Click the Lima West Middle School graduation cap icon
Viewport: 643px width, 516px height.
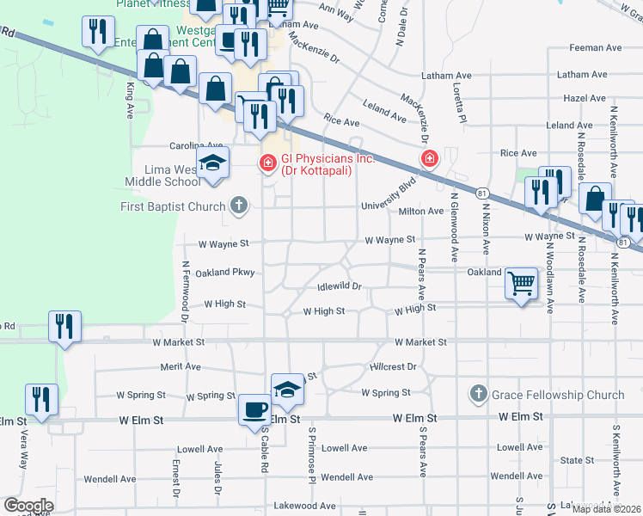click(212, 163)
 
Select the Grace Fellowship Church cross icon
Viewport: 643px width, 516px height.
click(478, 395)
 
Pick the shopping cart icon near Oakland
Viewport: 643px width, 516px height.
click(522, 283)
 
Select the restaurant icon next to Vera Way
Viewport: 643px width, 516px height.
click(40, 399)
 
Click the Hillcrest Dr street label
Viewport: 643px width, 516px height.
click(393, 366)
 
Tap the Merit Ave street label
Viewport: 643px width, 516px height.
click(180, 366)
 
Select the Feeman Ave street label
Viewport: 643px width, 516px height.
click(582, 48)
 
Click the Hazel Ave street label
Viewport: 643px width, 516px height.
click(585, 98)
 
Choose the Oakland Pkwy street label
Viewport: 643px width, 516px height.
click(225, 273)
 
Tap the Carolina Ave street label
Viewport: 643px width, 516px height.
click(173, 145)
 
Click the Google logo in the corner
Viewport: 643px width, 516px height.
click(28, 505)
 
